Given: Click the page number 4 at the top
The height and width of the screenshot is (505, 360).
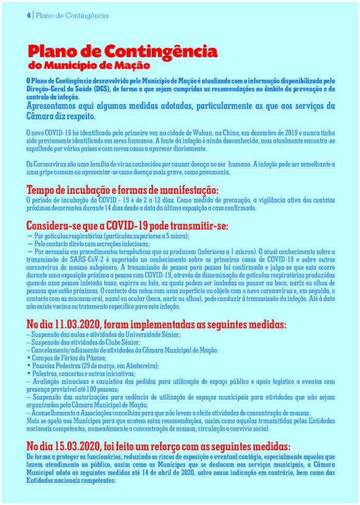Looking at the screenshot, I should pos(29,15).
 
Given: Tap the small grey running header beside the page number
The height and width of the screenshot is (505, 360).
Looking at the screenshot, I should pos(73,15).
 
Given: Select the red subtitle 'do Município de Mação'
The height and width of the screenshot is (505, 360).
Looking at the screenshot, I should pos(89,66).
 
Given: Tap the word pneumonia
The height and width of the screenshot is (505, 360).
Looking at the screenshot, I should pos(215,172).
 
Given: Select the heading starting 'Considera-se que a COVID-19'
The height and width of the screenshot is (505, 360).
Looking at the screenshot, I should pos(128,227).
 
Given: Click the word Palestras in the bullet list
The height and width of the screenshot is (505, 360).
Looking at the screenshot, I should pos(44,374).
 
